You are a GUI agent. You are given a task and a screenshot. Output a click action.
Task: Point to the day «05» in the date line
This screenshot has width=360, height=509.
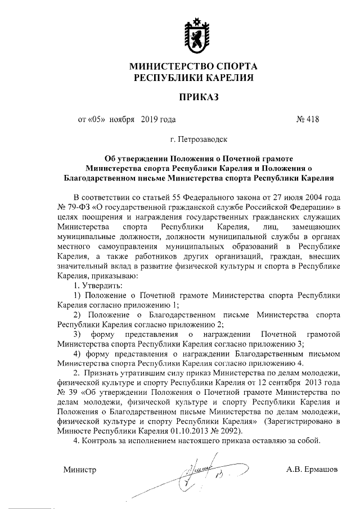click(96, 119)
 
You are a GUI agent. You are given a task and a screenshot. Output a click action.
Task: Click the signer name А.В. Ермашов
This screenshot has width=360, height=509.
click(311, 469)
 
